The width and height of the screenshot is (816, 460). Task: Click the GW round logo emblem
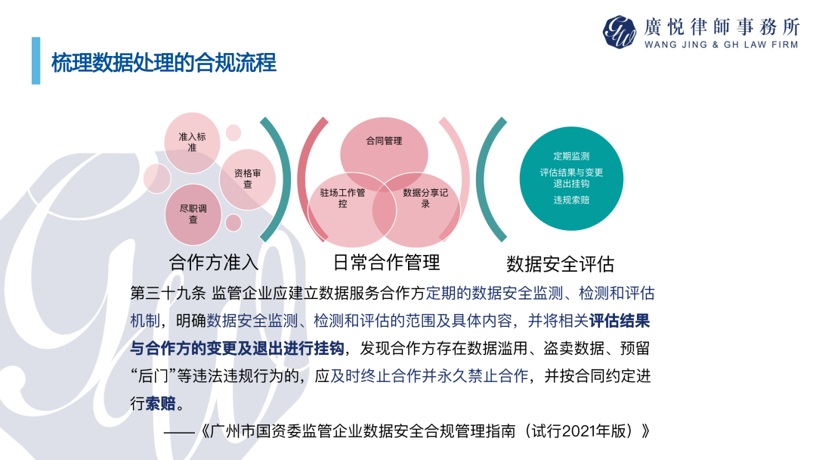pyautogui.click(x=620, y=32)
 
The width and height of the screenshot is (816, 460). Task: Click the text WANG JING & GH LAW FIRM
pyautogui.click(x=722, y=45)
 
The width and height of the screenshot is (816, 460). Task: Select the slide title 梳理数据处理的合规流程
pyautogui.click(x=164, y=63)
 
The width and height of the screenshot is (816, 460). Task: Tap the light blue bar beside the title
pyautogui.click(x=36, y=61)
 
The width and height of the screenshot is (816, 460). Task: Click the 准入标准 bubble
pyautogui.click(x=192, y=142)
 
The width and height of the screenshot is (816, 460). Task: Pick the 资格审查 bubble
pyautogui.click(x=248, y=179)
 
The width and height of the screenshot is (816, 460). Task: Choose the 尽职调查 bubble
pyautogui.click(x=193, y=214)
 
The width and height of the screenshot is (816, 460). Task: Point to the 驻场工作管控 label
pyautogui.click(x=342, y=198)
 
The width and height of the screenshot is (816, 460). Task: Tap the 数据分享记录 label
pyautogui.click(x=425, y=198)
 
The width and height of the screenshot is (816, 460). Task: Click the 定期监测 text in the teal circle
pyautogui.click(x=571, y=157)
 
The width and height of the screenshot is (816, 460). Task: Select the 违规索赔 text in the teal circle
pyautogui.click(x=571, y=200)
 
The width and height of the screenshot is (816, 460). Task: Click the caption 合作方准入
pyautogui.click(x=214, y=263)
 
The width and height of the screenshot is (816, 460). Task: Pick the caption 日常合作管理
pyautogui.click(x=387, y=263)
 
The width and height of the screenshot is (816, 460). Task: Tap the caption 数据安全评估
pyautogui.click(x=561, y=264)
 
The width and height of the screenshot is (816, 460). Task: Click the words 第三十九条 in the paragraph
pyautogui.click(x=168, y=294)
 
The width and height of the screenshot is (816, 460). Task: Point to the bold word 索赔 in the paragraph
pyautogui.click(x=160, y=404)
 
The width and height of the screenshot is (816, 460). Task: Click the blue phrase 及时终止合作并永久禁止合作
pyautogui.click(x=429, y=376)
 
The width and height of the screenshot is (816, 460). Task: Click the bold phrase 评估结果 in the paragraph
pyautogui.click(x=620, y=321)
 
